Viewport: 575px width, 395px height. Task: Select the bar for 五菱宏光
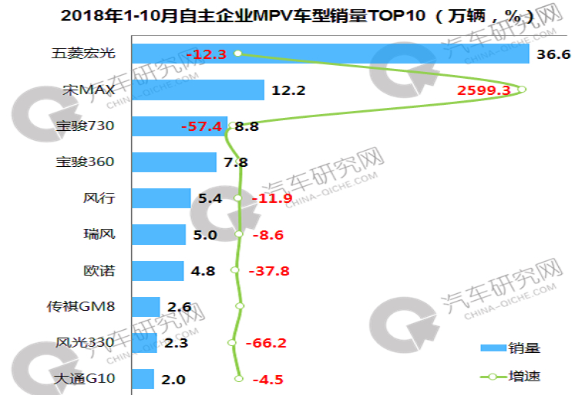click(330, 54)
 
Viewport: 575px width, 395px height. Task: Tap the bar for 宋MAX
click(198, 90)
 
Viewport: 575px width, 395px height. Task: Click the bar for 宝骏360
click(174, 162)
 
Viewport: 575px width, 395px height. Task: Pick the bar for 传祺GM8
click(146, 307)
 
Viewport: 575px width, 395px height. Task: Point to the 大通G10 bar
click(143, 379)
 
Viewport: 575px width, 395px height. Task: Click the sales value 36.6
click(551, 54)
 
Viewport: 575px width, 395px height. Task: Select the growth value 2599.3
click(484, 90)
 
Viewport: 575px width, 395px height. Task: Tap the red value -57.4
click(201, 126)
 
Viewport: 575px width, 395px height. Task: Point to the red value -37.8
click(271, 271)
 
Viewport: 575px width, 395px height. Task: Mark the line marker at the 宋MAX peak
click(521, 90)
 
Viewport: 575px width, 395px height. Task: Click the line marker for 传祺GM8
click(240, 306)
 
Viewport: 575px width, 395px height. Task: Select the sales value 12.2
click(288, 90)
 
